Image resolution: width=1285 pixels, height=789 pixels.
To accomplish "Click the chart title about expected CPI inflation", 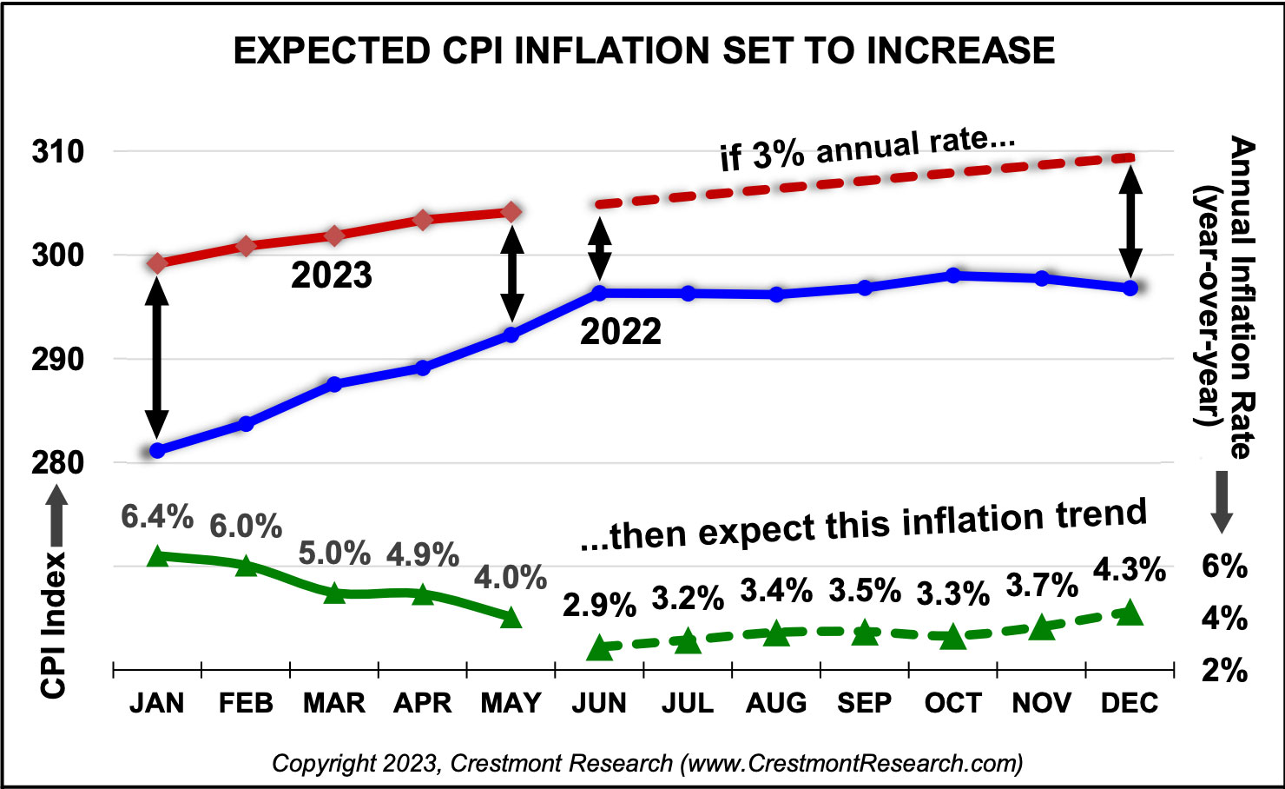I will [643, 51].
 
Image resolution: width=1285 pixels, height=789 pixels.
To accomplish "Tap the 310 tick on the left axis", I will [58, 152].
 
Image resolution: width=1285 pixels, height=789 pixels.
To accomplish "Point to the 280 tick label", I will [58, 462].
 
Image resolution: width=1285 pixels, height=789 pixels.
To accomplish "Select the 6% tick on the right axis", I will [1224, 567].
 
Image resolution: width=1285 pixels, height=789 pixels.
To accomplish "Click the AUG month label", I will [775, 703].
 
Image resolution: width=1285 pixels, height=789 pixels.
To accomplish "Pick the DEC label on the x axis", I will [1129, 703].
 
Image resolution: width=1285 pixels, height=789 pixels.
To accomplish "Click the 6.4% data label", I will [157, 517].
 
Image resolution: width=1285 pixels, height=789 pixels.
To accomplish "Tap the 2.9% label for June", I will [599, 606].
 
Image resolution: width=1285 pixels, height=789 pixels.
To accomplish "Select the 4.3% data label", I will [1129, 571].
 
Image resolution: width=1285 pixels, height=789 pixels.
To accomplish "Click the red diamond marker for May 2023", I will [511, 212].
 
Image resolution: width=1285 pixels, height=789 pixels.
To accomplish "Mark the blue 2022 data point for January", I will [157, 450].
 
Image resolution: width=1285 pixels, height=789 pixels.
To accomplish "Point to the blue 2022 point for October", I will [953, 275].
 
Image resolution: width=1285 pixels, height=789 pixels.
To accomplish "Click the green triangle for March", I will [334, 593].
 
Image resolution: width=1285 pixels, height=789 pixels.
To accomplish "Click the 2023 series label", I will [331, 276].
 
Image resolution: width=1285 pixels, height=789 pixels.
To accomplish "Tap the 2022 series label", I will [620, 332].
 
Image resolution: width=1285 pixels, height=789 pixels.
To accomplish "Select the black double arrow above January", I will [157, 356].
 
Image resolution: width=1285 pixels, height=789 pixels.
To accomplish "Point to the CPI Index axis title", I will [54, 624].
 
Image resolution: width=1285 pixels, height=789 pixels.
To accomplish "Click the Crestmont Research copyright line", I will [647, 763].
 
